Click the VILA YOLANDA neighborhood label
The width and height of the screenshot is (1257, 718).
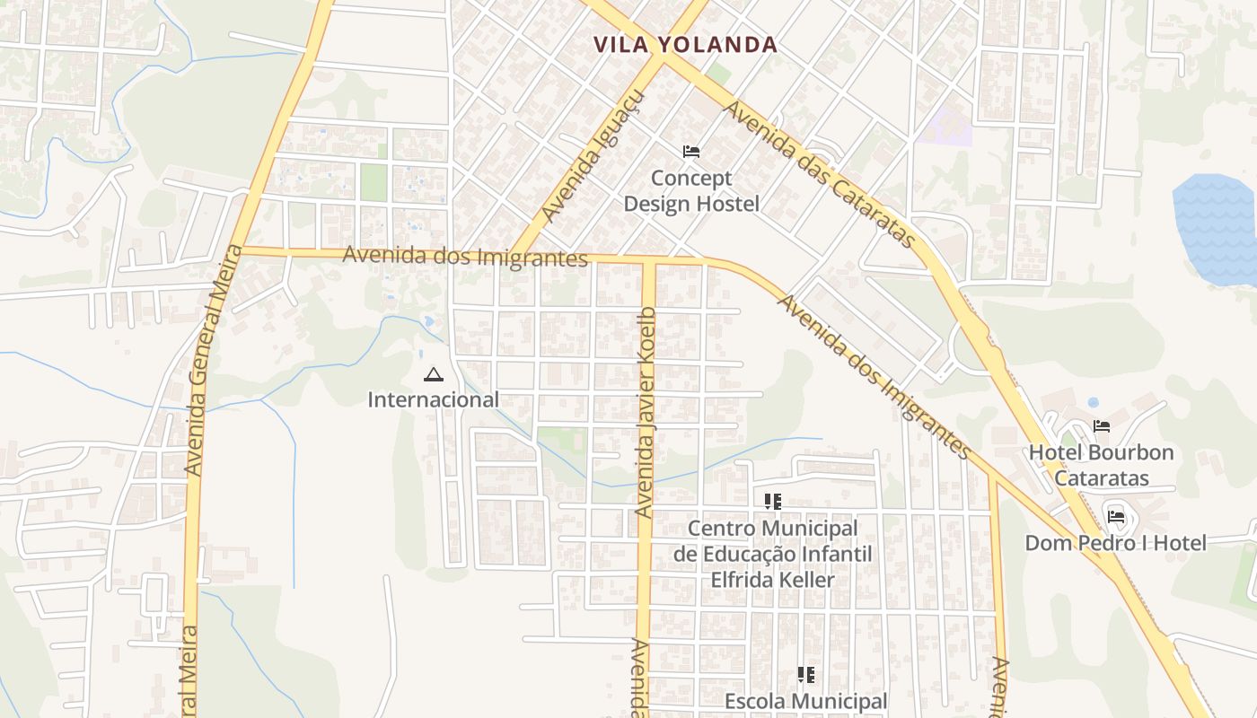point(685,45)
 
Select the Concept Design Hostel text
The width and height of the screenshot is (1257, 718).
point(691,191)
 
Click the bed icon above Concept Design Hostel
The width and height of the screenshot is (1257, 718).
point(690,151)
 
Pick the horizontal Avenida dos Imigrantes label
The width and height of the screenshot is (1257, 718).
point(465,256)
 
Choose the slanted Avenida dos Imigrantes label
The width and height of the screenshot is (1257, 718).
point(873,374)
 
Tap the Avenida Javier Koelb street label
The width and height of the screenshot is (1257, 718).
point(646,413)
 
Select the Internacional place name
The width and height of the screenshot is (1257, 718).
point(433,399)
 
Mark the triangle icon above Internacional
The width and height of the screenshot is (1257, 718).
point(434,374)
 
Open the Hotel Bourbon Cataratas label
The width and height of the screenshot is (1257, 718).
point(1101,465)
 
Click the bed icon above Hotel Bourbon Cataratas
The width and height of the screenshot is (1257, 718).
point(1102,426)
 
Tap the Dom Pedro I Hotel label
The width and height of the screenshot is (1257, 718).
point(1115,543)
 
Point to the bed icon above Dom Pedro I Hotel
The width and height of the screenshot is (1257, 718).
point(1116,516)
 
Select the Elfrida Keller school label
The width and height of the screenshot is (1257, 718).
point(772,554)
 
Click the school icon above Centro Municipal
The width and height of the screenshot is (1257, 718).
point(772,501)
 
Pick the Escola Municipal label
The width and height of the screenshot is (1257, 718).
point(805,701)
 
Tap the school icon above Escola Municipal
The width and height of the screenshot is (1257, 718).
point(805,674)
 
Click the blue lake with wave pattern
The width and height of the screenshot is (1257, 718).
point(1216,229)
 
